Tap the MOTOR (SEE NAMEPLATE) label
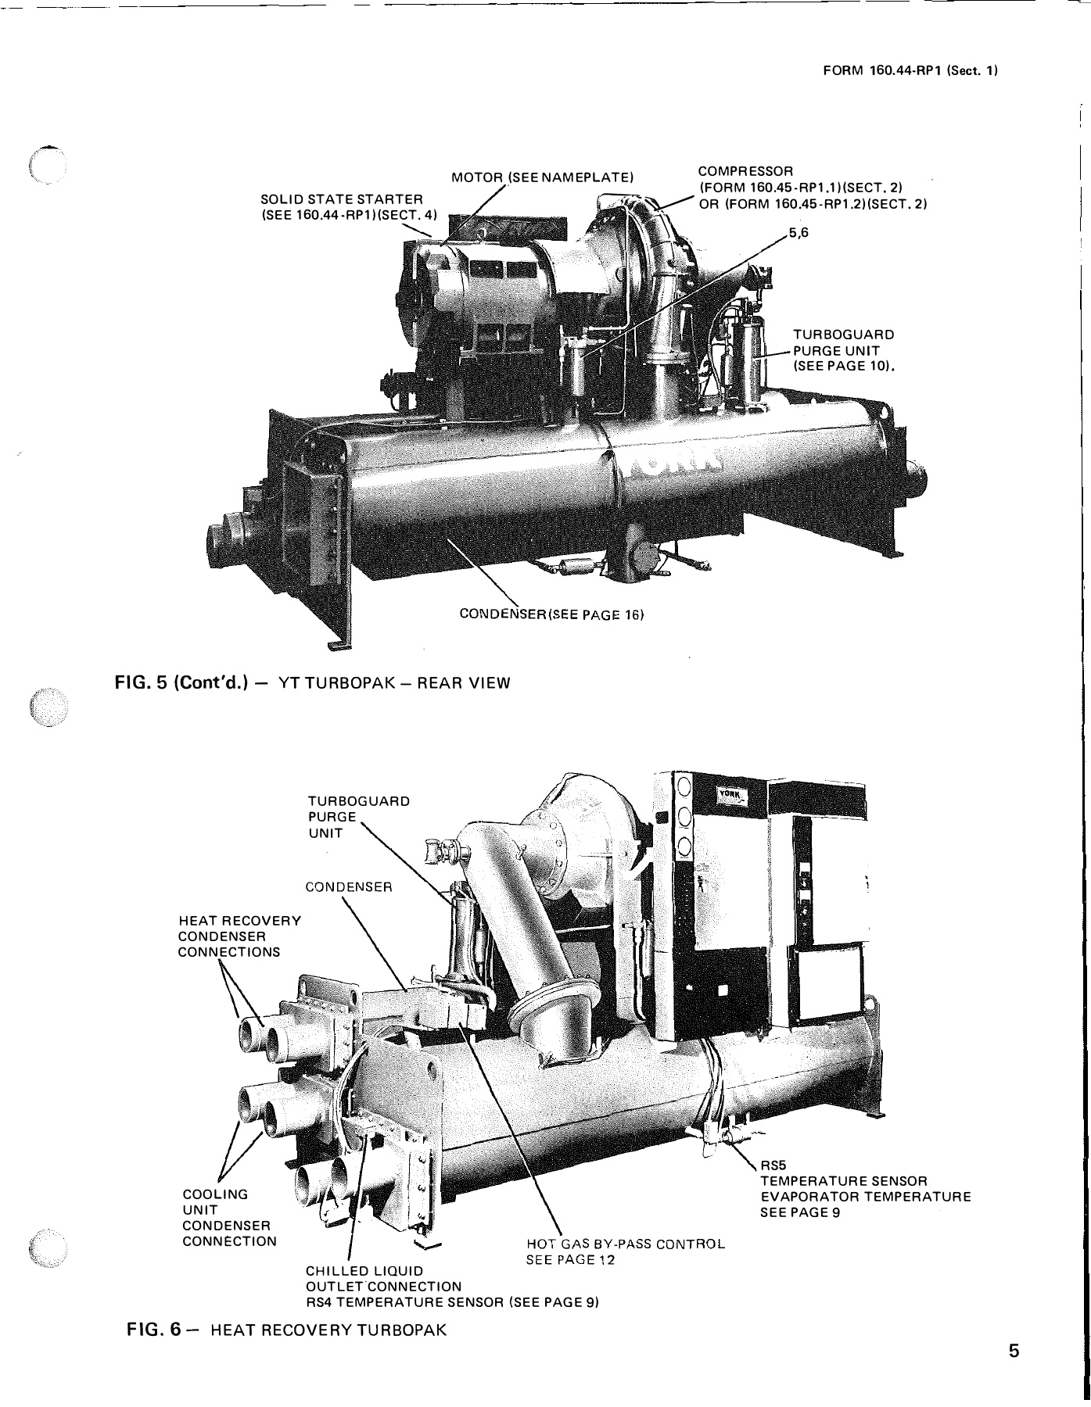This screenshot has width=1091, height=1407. tap(541, 177)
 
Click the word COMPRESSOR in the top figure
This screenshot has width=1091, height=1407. tap(745, 170)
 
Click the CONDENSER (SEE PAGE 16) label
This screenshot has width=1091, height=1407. tap(551, 614)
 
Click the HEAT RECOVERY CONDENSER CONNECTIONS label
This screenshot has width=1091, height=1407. tap(239, 936)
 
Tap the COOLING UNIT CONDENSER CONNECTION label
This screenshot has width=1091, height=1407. tap(228, 1218)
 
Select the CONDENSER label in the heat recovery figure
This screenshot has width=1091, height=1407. tap(348, 887)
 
